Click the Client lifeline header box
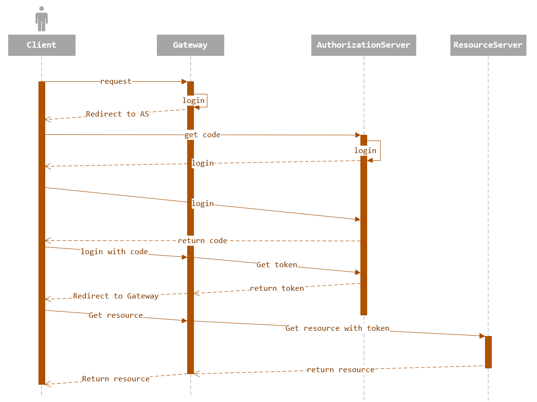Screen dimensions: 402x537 coord(41,45)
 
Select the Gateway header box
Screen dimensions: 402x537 coord(190,45)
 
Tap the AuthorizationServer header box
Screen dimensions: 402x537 coord(363,45)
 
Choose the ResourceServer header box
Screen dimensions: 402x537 coord(488,45)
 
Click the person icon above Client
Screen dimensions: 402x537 coord(42,19)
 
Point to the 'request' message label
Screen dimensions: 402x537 coord(115,82)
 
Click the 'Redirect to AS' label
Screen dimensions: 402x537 coord(117,114)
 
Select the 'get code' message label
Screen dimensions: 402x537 coord(203,135)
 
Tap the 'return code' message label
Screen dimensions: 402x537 coord(203,241)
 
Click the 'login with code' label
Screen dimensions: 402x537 coord(115,252)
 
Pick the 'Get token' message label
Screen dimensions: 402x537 coord(277,265)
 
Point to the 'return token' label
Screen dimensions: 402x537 coord(277,288)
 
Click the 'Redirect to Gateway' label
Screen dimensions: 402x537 coord(116,296)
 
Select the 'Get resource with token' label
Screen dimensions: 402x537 coord(337,328)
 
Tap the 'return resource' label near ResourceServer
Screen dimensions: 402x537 coord(341,370)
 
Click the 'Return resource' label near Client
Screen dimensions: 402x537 coord(115,379)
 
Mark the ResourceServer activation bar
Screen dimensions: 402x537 coord(488,352)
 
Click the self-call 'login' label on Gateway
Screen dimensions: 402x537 coord(193,101)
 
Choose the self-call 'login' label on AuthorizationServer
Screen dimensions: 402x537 coord(365,151)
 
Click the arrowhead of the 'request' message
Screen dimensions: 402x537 coord(184,82)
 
